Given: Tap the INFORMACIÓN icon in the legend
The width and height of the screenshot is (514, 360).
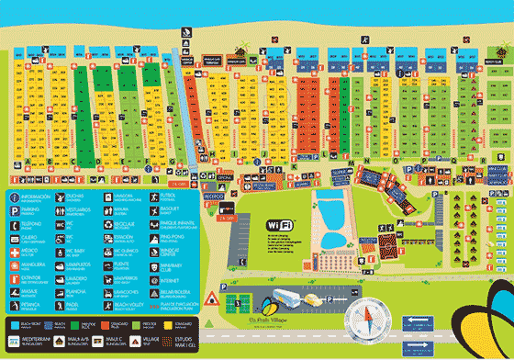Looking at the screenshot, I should point(14,197).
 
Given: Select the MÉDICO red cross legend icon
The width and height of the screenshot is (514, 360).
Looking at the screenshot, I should point(14,250).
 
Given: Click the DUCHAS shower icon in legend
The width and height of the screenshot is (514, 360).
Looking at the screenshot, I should point(71,197).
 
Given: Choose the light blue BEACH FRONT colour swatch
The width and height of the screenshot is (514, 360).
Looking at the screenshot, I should point(15,323).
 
